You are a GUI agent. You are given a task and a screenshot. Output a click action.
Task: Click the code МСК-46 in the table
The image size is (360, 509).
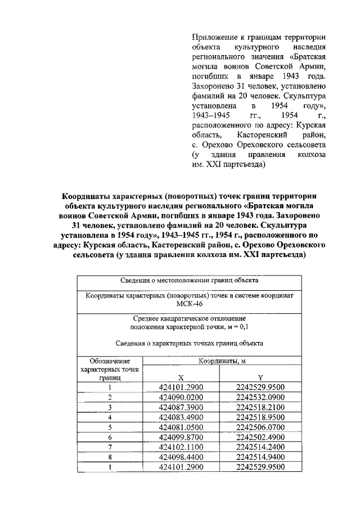coord(189,304)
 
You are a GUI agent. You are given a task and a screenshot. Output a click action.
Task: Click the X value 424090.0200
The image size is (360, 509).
coord(181,397)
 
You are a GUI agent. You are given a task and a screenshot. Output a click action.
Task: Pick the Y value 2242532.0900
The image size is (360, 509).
coord(261,397)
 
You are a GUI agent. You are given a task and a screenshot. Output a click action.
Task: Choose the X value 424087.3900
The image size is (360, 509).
coord(181,407)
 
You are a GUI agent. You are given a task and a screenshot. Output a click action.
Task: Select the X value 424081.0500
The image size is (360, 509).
coord(181,427)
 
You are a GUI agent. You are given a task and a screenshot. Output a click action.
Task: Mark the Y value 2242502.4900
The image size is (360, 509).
coord(261,437)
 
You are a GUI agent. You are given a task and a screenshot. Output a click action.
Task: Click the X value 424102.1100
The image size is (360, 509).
coord(181,447)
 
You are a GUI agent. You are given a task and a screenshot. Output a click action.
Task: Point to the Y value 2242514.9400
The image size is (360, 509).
coord(261,457)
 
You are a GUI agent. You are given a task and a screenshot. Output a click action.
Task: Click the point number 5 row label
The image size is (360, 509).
coord(110,427)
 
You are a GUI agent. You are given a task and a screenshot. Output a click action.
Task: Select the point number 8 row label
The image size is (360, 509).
coord(110,457)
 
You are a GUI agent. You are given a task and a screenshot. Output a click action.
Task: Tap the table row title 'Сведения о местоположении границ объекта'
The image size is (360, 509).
coord(189,280)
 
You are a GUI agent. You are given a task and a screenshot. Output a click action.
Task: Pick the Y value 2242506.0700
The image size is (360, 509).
coord(261,427)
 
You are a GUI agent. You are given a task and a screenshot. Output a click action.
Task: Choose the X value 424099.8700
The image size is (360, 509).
coord(181,437)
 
